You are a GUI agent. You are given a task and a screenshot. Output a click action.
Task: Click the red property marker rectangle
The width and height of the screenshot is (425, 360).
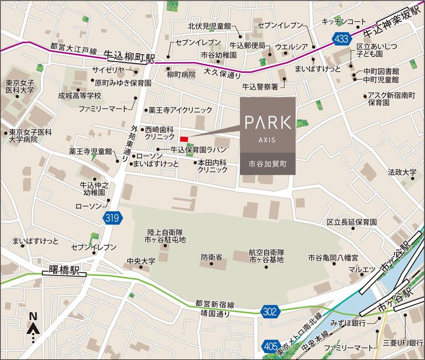pos(184,139)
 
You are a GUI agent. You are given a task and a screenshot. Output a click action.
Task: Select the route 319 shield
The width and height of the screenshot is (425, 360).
pos(112,217)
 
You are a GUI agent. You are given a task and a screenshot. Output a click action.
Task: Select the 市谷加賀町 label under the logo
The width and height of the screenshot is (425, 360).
pos(268,165)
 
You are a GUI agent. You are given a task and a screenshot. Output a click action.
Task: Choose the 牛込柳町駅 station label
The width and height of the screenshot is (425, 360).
pos(129,55)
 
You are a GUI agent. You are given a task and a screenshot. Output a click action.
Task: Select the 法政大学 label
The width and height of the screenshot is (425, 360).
pos(402,173)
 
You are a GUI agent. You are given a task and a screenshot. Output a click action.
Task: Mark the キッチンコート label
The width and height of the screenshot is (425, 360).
pos(344,22)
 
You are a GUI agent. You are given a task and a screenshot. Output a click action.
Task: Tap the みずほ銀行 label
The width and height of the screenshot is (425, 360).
pos(347,323)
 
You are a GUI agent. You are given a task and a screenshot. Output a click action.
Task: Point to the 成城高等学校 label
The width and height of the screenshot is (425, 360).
pos(87,96)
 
